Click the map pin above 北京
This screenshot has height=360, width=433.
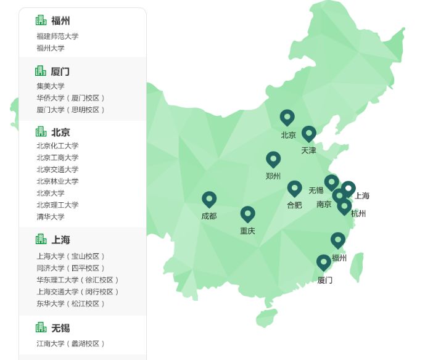287,117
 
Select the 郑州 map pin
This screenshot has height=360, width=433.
273,159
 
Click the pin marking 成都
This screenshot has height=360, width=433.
209,199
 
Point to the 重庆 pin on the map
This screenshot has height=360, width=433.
247,214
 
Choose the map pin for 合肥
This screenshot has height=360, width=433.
294,188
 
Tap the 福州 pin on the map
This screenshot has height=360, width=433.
337,240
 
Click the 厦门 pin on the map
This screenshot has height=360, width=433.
324,263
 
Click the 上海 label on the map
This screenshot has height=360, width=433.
362,196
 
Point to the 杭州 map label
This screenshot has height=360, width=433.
358,214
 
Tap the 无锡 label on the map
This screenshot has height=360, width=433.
316,190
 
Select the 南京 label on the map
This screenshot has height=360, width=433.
324,204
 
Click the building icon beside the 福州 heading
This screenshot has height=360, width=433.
41,20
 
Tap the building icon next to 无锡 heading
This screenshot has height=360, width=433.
41,327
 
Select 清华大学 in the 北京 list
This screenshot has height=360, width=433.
50,217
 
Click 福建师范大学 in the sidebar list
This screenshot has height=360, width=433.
57,36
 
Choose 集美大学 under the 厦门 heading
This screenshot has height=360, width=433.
50,86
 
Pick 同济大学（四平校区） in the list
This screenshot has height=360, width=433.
70,268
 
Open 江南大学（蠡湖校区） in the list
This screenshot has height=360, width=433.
70,343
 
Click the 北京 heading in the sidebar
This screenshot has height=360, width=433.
60,132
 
